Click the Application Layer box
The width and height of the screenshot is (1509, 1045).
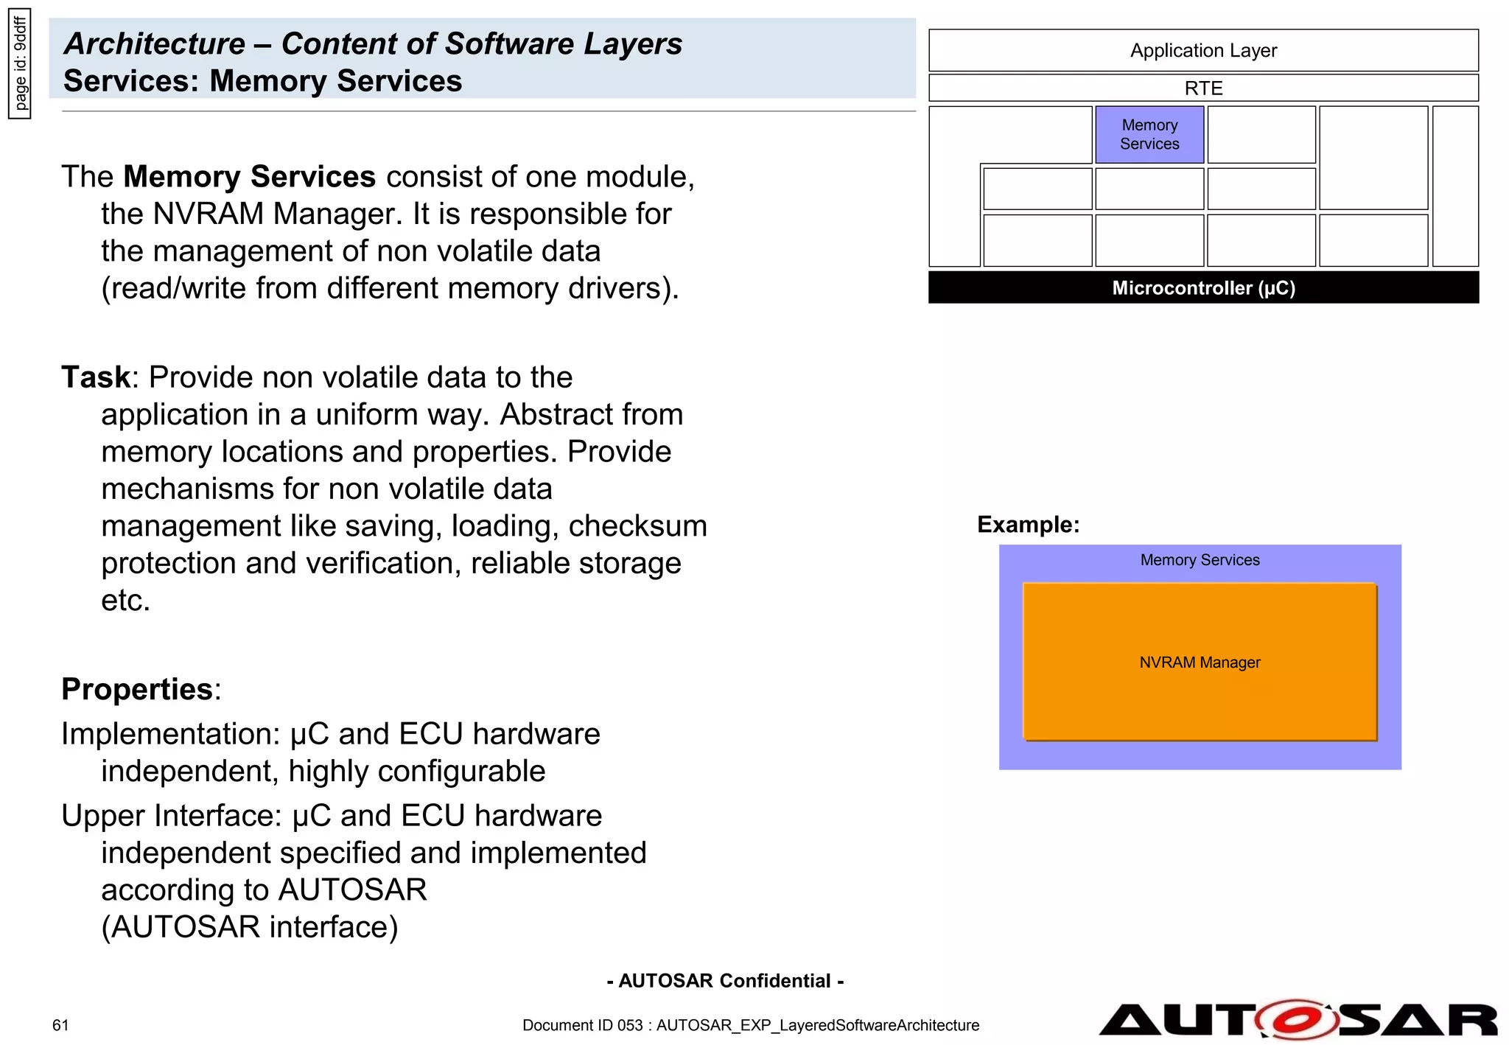1202,50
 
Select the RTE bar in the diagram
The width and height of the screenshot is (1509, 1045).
1202,88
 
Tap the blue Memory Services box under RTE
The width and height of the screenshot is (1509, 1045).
1149,134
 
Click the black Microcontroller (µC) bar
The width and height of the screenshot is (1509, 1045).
1202,287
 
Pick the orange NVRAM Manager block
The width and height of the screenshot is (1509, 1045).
1199,662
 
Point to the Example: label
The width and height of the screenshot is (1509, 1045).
1028,524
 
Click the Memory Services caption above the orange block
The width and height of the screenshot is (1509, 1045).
1199,560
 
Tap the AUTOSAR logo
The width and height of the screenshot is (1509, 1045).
1297,1020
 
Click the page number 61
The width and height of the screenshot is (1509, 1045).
60,1025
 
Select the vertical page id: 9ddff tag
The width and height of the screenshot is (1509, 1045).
20,63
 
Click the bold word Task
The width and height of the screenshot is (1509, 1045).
95,377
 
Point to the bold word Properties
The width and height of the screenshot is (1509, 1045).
137,689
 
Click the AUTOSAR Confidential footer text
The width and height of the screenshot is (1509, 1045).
725,981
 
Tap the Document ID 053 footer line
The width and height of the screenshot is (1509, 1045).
750,1025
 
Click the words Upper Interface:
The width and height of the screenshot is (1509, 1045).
172,816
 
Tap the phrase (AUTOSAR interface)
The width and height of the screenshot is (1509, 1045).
249,927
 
